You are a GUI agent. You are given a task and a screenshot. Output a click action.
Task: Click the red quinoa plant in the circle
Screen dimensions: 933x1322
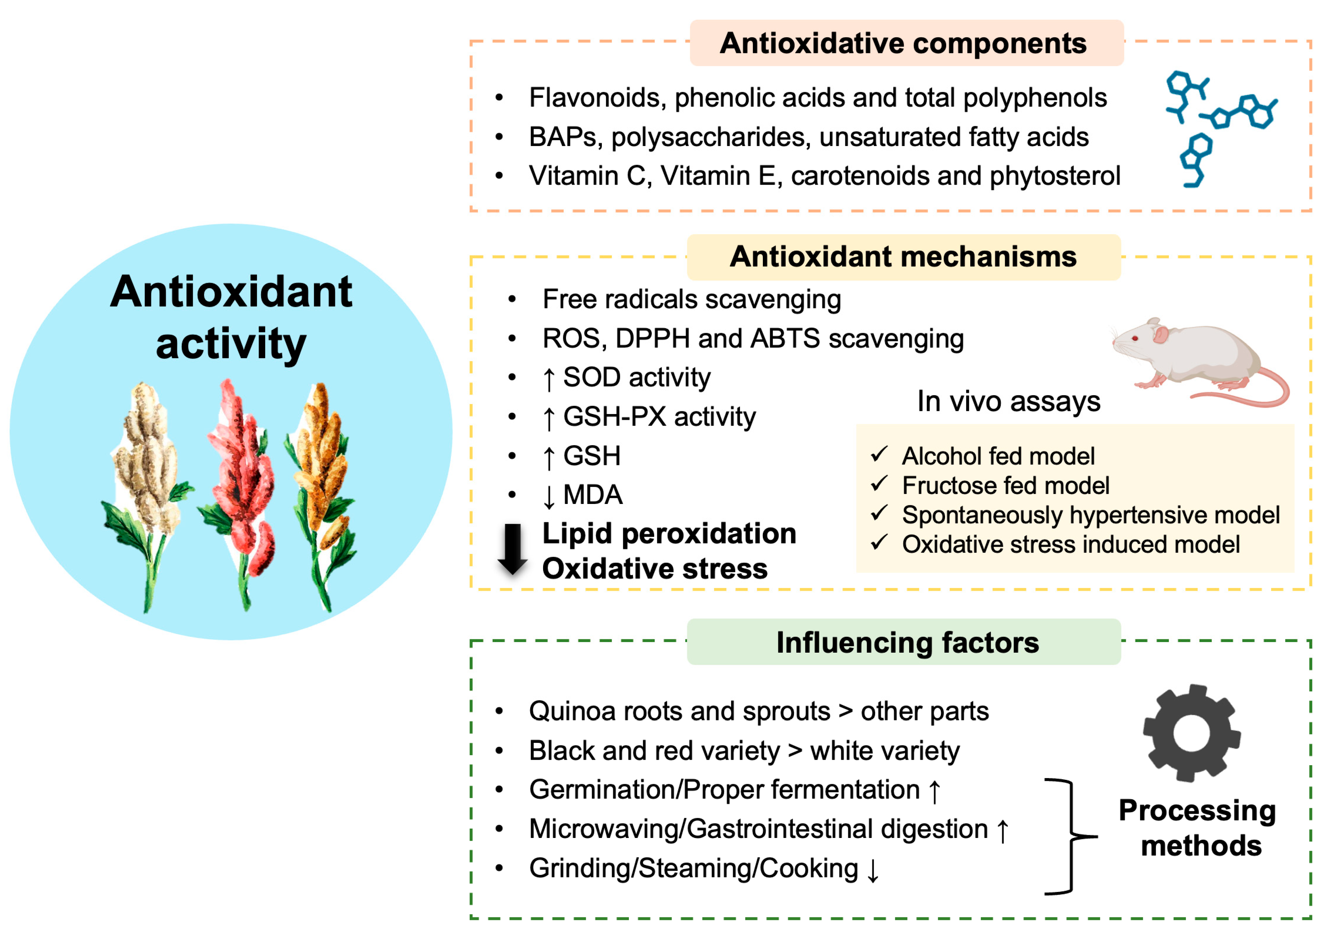[242, 490]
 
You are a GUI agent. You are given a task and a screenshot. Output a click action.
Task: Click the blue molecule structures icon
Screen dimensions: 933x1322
[1215, 127]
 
